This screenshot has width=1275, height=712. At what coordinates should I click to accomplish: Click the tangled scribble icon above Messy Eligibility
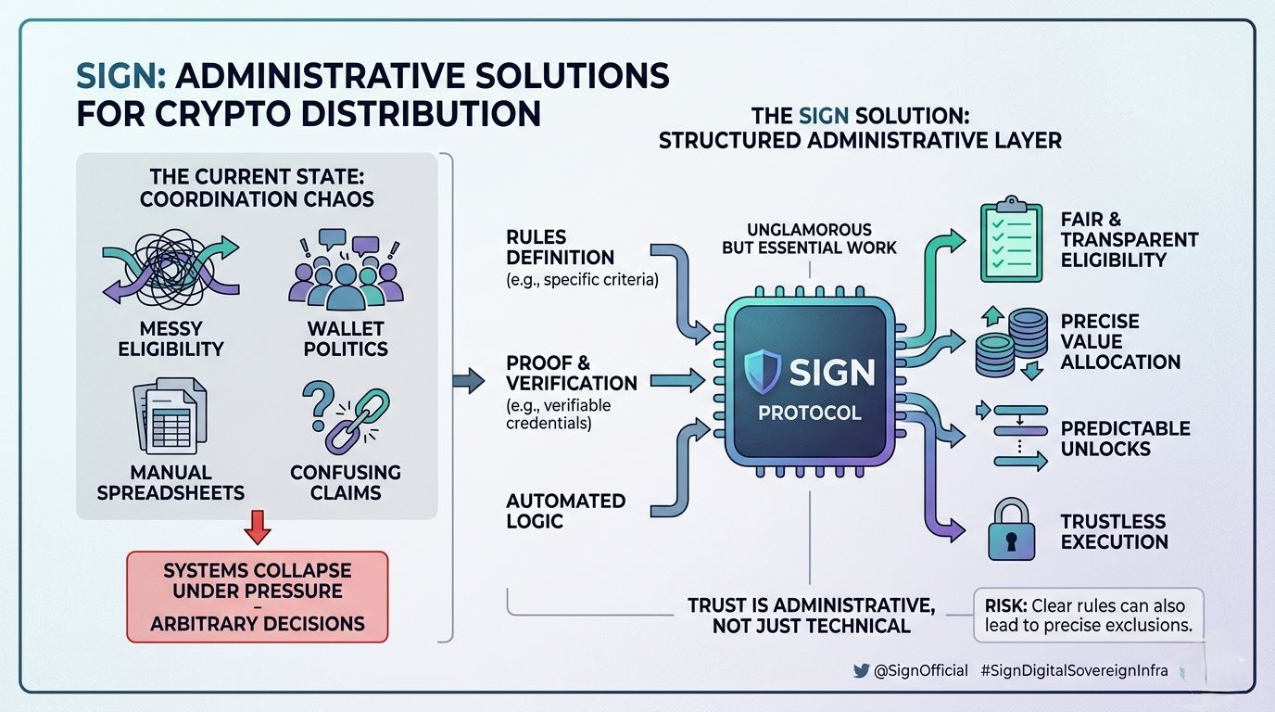click(170, 269)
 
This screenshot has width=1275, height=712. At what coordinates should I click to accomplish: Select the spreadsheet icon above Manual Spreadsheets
click(170, 416)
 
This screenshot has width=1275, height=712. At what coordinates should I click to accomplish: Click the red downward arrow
click(258, 527)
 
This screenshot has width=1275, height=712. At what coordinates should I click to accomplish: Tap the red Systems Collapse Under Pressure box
click(258, 596)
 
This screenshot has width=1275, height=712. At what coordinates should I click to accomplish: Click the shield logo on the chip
click(763, 372)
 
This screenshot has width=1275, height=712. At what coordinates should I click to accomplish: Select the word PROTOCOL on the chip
click(810, 413)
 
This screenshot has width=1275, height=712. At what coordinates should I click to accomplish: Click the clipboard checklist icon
click(1011, 239)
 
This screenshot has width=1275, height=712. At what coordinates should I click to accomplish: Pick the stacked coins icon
click(1012, 343)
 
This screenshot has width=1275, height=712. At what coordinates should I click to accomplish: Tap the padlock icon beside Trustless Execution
click(1011, 529)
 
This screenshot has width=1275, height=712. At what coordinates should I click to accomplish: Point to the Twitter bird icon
click(861, 670)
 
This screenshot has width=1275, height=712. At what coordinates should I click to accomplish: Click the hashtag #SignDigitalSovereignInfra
click(1074, 670)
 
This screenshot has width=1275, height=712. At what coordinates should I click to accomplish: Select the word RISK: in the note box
click(1005, 605)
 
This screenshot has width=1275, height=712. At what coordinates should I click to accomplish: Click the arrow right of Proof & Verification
click(678, 380)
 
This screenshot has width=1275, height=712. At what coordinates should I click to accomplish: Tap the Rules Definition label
click(560, 248)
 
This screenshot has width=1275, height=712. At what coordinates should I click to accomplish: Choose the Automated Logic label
click(566, 511)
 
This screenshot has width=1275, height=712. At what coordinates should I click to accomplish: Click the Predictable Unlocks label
click(1125, 439)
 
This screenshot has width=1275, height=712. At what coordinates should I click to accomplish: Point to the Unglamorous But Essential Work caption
click(809, 238)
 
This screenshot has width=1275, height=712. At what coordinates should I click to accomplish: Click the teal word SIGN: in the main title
click(121, 76)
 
